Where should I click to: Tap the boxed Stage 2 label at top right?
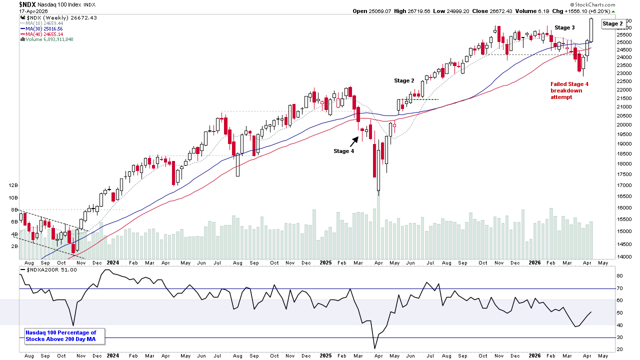click(612, 23)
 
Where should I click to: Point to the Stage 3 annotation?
click(564, 27)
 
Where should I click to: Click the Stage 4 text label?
click(343, 150)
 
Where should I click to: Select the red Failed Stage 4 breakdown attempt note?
click(569, 90)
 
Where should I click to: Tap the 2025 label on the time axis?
click(325, 262)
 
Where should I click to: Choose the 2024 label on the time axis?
click(112, 262)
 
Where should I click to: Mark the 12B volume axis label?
click(13, 185)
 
